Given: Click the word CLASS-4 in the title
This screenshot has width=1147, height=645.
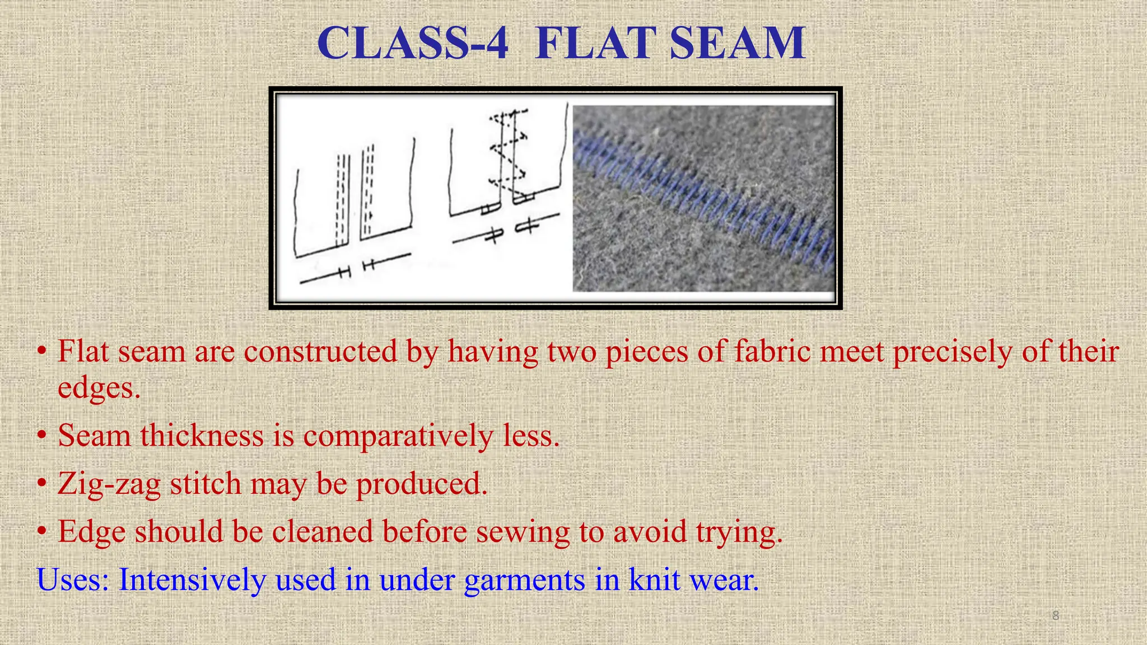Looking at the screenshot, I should pos(413,44).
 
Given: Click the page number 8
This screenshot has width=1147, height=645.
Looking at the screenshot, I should pos(1055,615).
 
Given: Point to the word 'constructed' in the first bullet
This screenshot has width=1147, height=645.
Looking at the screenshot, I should pos(320,352).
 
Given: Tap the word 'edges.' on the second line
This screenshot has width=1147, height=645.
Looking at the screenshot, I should pos(99,388).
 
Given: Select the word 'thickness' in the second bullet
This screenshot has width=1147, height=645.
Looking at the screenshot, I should pos(202,436).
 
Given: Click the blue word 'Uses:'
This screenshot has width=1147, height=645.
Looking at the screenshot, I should pos(73,579).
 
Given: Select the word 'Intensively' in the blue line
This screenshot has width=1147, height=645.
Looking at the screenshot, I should pos(192,579).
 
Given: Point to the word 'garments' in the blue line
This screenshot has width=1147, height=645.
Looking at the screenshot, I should pos(524,581).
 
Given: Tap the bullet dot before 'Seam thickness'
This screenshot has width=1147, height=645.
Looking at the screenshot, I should pos(42,436).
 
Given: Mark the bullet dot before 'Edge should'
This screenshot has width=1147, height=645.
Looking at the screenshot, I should pos(42,532).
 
